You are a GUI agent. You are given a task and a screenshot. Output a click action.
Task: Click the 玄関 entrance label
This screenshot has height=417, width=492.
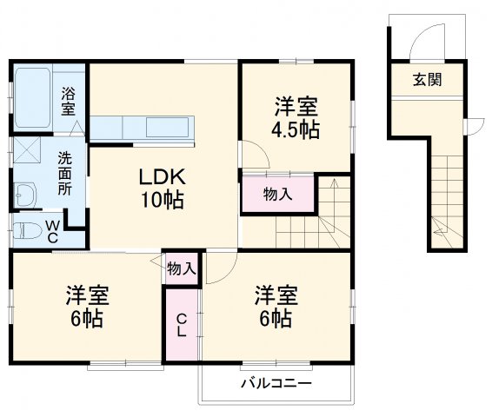(x=426, y=81)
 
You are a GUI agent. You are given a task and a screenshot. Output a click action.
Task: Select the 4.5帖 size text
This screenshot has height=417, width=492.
(x=296, y=130)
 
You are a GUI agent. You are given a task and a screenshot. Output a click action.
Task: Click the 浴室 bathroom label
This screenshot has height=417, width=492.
(x=69, y=102)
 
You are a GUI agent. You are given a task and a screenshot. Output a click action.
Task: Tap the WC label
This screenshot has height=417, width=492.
(x=52, y=231)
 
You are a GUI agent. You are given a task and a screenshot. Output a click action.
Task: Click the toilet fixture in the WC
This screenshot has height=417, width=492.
(x=26, y=232)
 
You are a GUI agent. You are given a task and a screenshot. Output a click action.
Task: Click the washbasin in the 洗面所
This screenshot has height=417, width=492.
(x=24, y=194)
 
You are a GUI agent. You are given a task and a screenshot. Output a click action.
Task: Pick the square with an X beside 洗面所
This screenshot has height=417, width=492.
(x=26, y=150)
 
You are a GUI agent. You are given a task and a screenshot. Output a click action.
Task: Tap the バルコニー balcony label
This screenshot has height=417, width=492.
(x=275, y=383)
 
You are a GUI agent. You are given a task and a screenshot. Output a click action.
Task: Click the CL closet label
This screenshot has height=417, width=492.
(x=182, y=326)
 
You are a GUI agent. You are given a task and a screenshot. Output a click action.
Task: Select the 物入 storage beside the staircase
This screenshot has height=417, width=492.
(x=277, y=195)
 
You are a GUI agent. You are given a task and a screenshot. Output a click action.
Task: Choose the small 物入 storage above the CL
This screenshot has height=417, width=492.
(x=181, y=268)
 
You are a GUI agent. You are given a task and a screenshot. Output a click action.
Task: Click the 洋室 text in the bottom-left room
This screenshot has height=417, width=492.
(x=86, y=295)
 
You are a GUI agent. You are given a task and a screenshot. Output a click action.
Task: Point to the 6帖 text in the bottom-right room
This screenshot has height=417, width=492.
(x=276, y=318)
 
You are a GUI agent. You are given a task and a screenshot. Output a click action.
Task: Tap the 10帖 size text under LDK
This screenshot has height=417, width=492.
(x=163, y=200)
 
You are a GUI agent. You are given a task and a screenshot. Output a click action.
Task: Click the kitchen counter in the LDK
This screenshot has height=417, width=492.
(x=146, y=128)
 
